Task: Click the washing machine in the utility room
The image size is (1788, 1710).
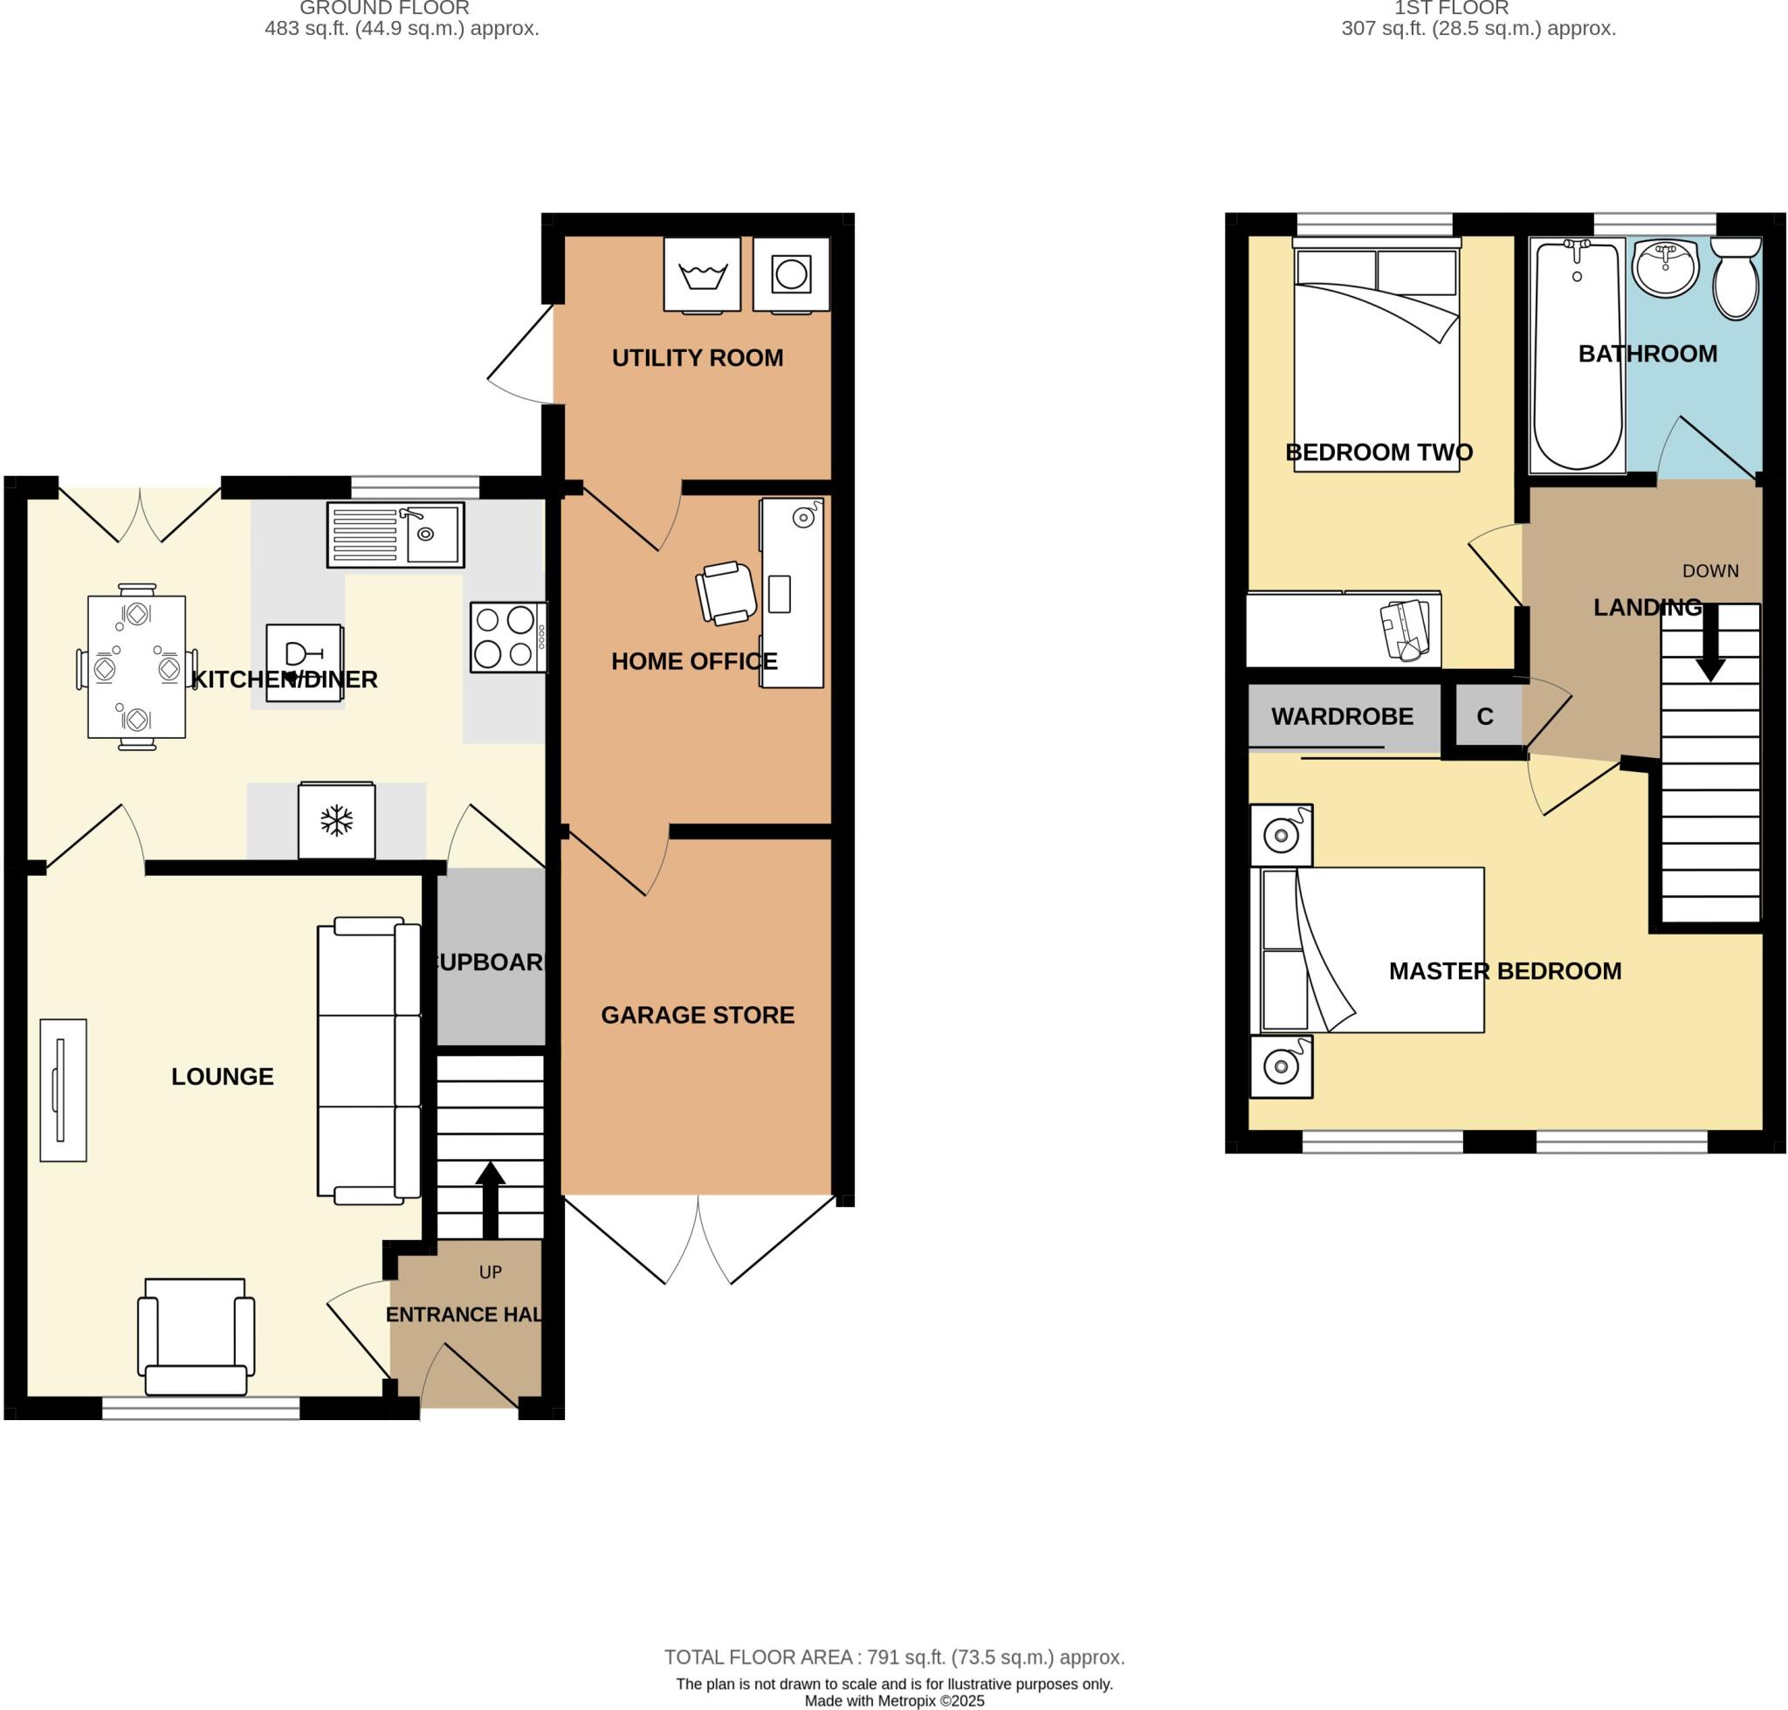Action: [x=701, y=273]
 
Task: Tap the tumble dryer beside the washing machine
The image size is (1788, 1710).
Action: [x=790, y=273]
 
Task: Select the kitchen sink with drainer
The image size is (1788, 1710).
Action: [x=395, y=534]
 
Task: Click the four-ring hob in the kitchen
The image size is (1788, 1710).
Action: [x=506, y=638]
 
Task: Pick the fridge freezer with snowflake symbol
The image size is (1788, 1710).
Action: [x=336, y=820]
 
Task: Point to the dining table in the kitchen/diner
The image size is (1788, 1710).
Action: [x=137, y=667]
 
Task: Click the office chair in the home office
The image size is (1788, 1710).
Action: [x=726, y=592]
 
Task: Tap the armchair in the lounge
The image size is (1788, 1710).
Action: [x=196, y=1337]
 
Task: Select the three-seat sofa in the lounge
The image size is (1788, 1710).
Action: [x=368, y=1062]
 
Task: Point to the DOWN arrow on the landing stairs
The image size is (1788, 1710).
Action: [x=1709, y=644]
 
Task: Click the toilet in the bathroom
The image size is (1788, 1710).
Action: [x=1734, y=278]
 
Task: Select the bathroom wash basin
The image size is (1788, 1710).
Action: [x=1665, y=268]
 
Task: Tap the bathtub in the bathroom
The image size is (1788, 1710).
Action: [x=1576, y=355]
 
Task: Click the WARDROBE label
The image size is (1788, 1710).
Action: [x=1342, y=716]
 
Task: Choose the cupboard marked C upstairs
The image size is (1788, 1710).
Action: [x=1483, y=716]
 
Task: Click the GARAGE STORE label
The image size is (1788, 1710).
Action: [x=698, y=1015]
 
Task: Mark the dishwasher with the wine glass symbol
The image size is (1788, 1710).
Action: [x=305, y=662]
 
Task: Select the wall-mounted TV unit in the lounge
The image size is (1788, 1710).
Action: [x=63, y=1089]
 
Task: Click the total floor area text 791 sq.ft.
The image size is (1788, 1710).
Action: [x=893, y=1657]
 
